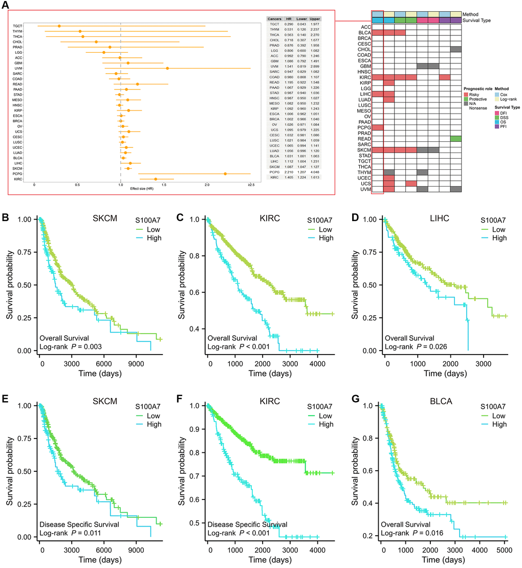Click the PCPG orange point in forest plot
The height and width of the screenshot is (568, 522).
pos(225,174)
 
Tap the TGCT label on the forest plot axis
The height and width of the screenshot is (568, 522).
pos(17,26)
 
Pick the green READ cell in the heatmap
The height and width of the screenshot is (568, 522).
pos(456,139)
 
